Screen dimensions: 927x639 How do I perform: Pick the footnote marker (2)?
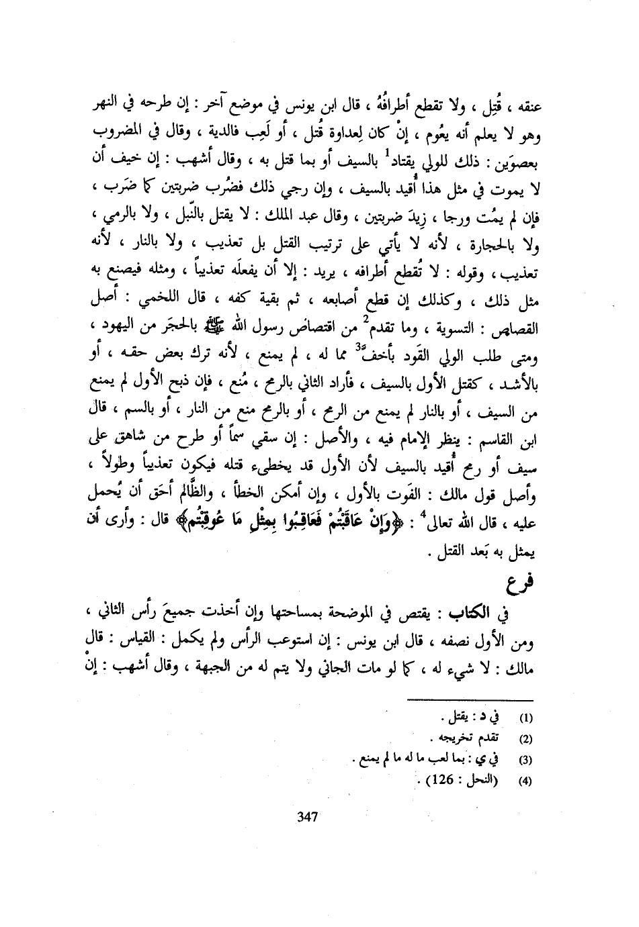click(x=527, y=740)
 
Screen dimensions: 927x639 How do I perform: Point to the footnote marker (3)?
click(x=527, y=761)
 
